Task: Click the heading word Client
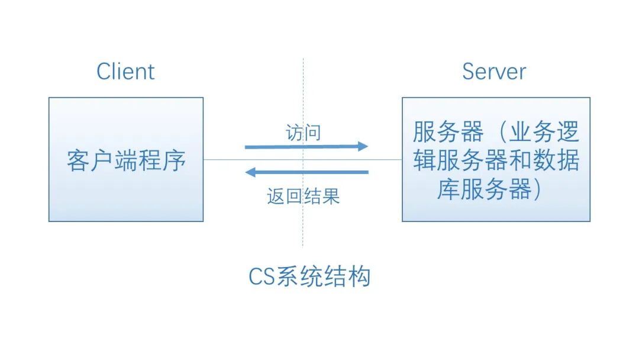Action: click(x=125, y=72)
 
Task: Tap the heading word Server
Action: click(x=493, y=72)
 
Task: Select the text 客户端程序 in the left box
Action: click(x=126, y=160)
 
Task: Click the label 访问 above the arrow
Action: click(x=303, y=133)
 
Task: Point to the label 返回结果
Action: click(x=303, y=197)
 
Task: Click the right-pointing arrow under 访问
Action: click(x=306, y=146)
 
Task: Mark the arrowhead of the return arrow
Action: click(x=251, y=172)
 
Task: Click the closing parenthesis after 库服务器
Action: click(x=537, y=190)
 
